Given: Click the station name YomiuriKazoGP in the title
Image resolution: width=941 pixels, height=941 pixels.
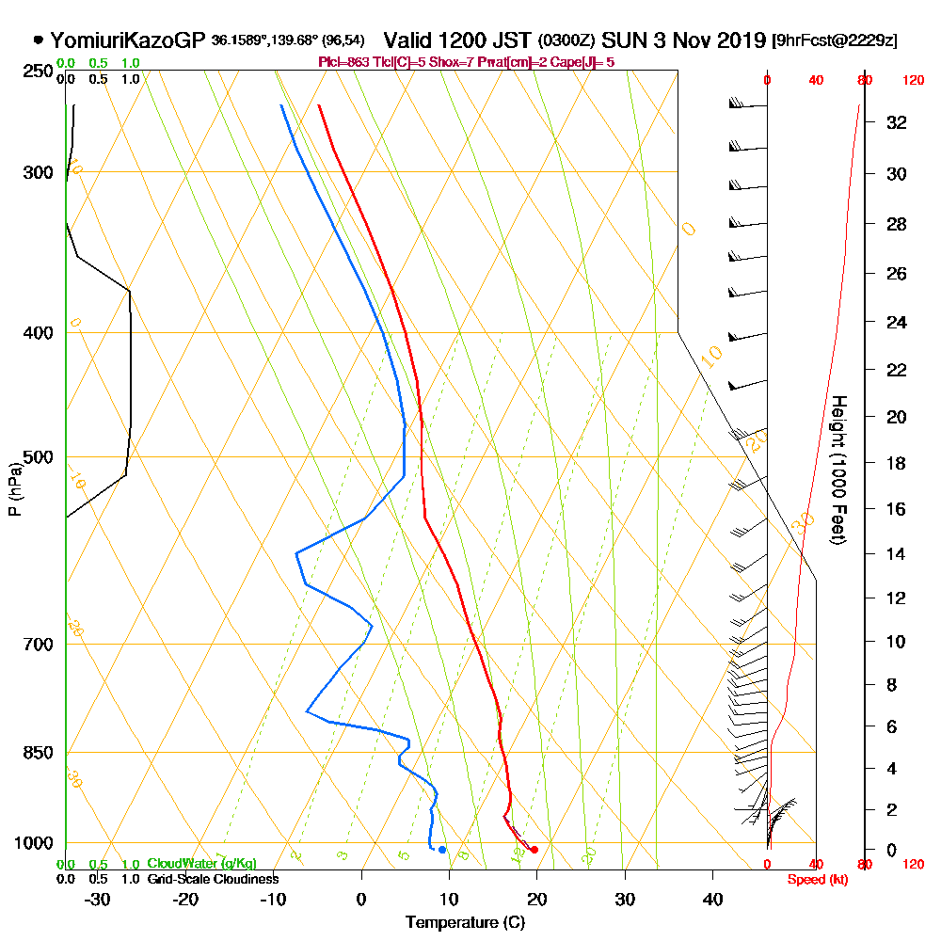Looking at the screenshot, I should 128,40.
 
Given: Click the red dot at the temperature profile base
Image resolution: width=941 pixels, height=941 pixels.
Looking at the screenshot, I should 534,850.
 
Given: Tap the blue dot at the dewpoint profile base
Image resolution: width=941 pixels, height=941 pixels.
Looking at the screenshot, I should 442,850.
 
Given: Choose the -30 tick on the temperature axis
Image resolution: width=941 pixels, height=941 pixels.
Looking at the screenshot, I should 98,899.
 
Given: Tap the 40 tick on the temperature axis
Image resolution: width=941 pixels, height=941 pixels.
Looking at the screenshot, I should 713,899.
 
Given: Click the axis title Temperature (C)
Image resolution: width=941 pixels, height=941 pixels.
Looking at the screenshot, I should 465,923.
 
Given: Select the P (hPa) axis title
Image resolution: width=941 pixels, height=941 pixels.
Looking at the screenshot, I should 14,488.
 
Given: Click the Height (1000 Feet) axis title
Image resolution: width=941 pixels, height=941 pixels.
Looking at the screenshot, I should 837,470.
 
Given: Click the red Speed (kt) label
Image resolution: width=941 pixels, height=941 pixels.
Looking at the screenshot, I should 815,880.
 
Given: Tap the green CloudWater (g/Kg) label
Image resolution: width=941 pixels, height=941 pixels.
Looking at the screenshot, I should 201,864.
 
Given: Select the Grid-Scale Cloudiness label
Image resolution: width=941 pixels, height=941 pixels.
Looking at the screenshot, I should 213,879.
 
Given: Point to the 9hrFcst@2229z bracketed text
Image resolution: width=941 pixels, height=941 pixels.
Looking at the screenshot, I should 834,41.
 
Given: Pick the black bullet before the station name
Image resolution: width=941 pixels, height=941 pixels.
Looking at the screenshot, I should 38,40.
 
